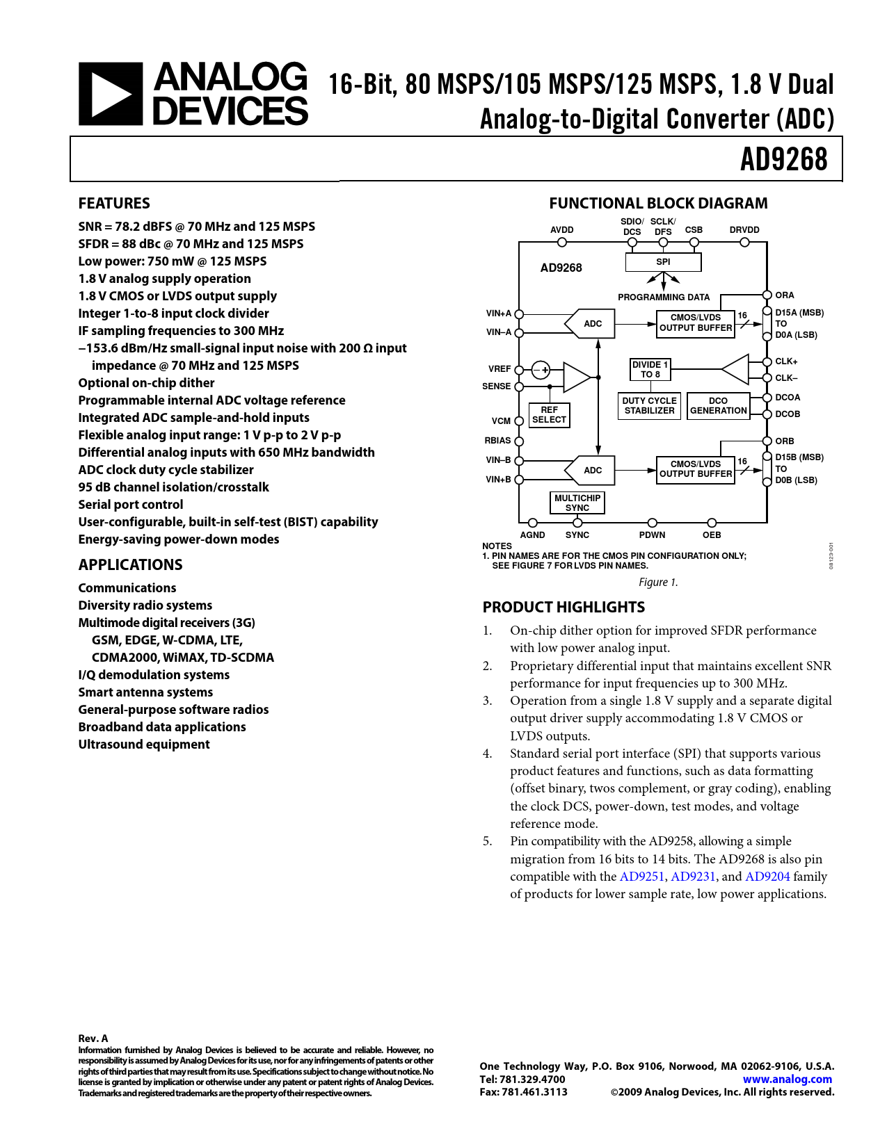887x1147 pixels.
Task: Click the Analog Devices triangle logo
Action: coord(111,94)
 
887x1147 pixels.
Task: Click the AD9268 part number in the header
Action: coord(783,159)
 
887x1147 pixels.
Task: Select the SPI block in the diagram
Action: coord(663,262)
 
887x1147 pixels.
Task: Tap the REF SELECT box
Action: coord(549,415)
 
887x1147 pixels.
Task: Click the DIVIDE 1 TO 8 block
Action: coord(650,369)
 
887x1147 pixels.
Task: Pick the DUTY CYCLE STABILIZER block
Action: coord(649,406)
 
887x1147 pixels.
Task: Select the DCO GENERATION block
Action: coord(718,406)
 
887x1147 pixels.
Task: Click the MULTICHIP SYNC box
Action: coord(577,503)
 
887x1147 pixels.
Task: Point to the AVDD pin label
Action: coord(562,230)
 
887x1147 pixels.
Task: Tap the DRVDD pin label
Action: coord(744,230)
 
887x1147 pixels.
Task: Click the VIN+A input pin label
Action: coord(499,314)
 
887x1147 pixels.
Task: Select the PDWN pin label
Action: coord(652,535)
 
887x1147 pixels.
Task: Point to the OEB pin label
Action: coord(712,535)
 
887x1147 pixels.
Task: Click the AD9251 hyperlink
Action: coord(642,877)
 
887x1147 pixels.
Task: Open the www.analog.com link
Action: coord(788,1080)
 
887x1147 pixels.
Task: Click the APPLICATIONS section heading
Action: coord(131,565)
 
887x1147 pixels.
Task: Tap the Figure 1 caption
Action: coord(658,583)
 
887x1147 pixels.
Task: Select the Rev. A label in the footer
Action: coord(93,1039)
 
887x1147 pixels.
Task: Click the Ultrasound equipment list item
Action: coord(144,745)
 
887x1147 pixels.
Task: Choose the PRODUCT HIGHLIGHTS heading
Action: coord(564,608)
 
